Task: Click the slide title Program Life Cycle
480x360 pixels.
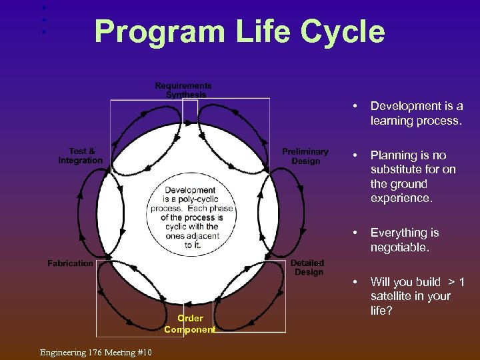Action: [x=239, y=31]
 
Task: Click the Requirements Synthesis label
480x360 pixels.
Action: [x=183, y=90]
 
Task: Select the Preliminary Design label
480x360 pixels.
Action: [x=305, y=156]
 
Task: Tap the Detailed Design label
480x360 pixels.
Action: [x=307, y=267]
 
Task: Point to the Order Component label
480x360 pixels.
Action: [x=190, y=324]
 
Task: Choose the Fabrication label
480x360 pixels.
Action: [x=71, y=263]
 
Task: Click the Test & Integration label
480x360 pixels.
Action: [x=81, y=156]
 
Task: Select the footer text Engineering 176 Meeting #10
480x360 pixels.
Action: [x=95, y=352]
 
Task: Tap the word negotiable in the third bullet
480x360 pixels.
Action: [x=400, y=247]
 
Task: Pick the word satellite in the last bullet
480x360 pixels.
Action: [x=393, y=296]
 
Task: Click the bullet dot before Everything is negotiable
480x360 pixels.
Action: [x=356, y=233]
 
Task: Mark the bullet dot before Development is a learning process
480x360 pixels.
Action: [x=356, y=107]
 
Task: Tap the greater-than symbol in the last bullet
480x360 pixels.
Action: [x=451, y=282]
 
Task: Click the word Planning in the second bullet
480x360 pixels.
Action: [x=393, y=155]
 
